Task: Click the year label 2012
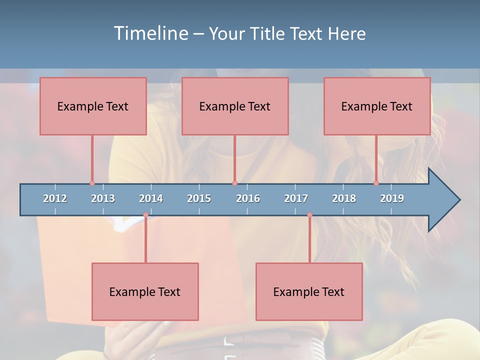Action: [55, 198]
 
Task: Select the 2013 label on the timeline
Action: [103, 198]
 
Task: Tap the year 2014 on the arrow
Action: [151, 198]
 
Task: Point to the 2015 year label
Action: [199, 198]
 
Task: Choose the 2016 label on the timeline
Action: [248, 198]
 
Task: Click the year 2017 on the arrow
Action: [296, 198]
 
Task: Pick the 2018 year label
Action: [344, 198]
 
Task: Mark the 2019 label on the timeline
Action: [392, 198]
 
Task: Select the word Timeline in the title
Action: [150, 33]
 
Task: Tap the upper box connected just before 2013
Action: [93, 106]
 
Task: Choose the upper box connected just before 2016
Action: [235, 106]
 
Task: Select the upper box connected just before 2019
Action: [377, 106]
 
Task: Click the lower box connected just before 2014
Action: [145, 291]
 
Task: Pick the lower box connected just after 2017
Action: [309, 291]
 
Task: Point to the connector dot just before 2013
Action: [92, 183]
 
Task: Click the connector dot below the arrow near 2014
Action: [145, 215]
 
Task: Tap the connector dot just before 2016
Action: [234, 183]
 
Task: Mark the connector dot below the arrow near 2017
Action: [309, 215]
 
